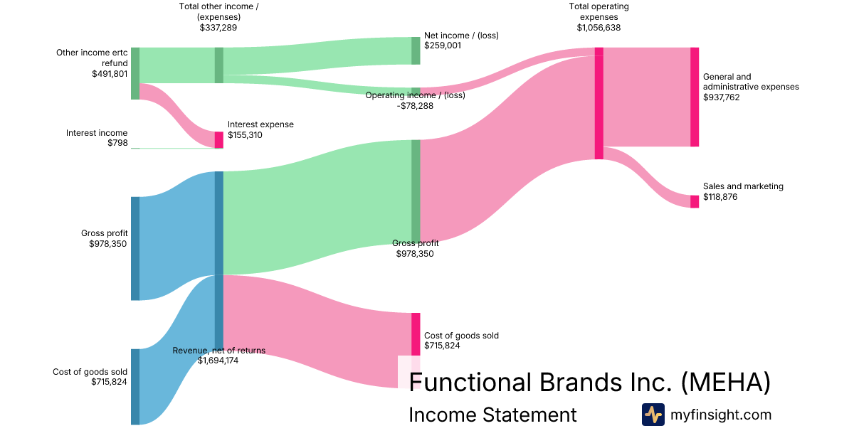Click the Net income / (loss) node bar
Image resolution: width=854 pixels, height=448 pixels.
[x=416, y=50]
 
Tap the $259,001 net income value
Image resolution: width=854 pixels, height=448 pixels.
[x=442, y=45]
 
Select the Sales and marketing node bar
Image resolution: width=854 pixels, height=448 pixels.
[x=695, y=201]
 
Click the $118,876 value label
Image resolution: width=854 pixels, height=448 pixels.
[x=720, y=197]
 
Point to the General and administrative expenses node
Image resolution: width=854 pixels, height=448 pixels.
[x=695, y=97]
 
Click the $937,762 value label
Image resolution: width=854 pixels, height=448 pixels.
[x=721, y=97]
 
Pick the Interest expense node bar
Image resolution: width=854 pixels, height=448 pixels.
[x=219, y=139]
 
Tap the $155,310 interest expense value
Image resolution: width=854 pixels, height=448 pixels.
[x=245, y=135]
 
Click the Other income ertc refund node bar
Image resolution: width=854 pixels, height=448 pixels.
[x=135, y=73]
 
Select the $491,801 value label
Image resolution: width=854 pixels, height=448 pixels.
[x=110, y=73]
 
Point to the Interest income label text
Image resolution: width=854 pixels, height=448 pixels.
[x=97, y=133]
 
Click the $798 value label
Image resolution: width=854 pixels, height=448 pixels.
[x=117, y=143]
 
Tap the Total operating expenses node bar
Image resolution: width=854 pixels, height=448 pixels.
[x=599, y=103]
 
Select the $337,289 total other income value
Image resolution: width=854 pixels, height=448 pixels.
[x=218, y=28]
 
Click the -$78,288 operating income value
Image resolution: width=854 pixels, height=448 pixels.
[x=415, y=106]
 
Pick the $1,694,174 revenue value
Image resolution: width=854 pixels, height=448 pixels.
[x=218, y=361]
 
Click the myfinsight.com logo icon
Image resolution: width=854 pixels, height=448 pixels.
[x=653, y=415]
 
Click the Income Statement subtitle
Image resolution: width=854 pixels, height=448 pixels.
[x=492, y=415]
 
